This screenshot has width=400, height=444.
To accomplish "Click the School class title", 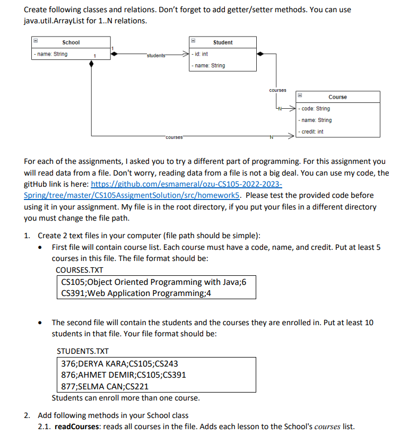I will pos(71,42).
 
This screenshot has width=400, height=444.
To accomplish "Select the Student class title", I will pos(223,42).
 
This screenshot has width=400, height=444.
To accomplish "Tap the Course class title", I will pos(337,97).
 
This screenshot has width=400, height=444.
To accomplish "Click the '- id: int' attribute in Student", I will pos(201,54).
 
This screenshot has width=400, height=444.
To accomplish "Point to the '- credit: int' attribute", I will pos(313,132).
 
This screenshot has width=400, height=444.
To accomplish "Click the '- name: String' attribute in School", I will pos(50,54).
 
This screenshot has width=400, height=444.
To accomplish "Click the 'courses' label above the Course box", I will pos(277,90).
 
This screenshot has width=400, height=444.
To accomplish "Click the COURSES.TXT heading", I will pos(80,270).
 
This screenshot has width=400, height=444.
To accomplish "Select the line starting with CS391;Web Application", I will pos(136,293).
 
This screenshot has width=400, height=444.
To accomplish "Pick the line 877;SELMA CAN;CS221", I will pos(105,386).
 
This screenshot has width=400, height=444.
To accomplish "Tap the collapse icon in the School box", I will pos(36,42).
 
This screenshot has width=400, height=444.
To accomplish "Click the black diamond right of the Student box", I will pos(260,54).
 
